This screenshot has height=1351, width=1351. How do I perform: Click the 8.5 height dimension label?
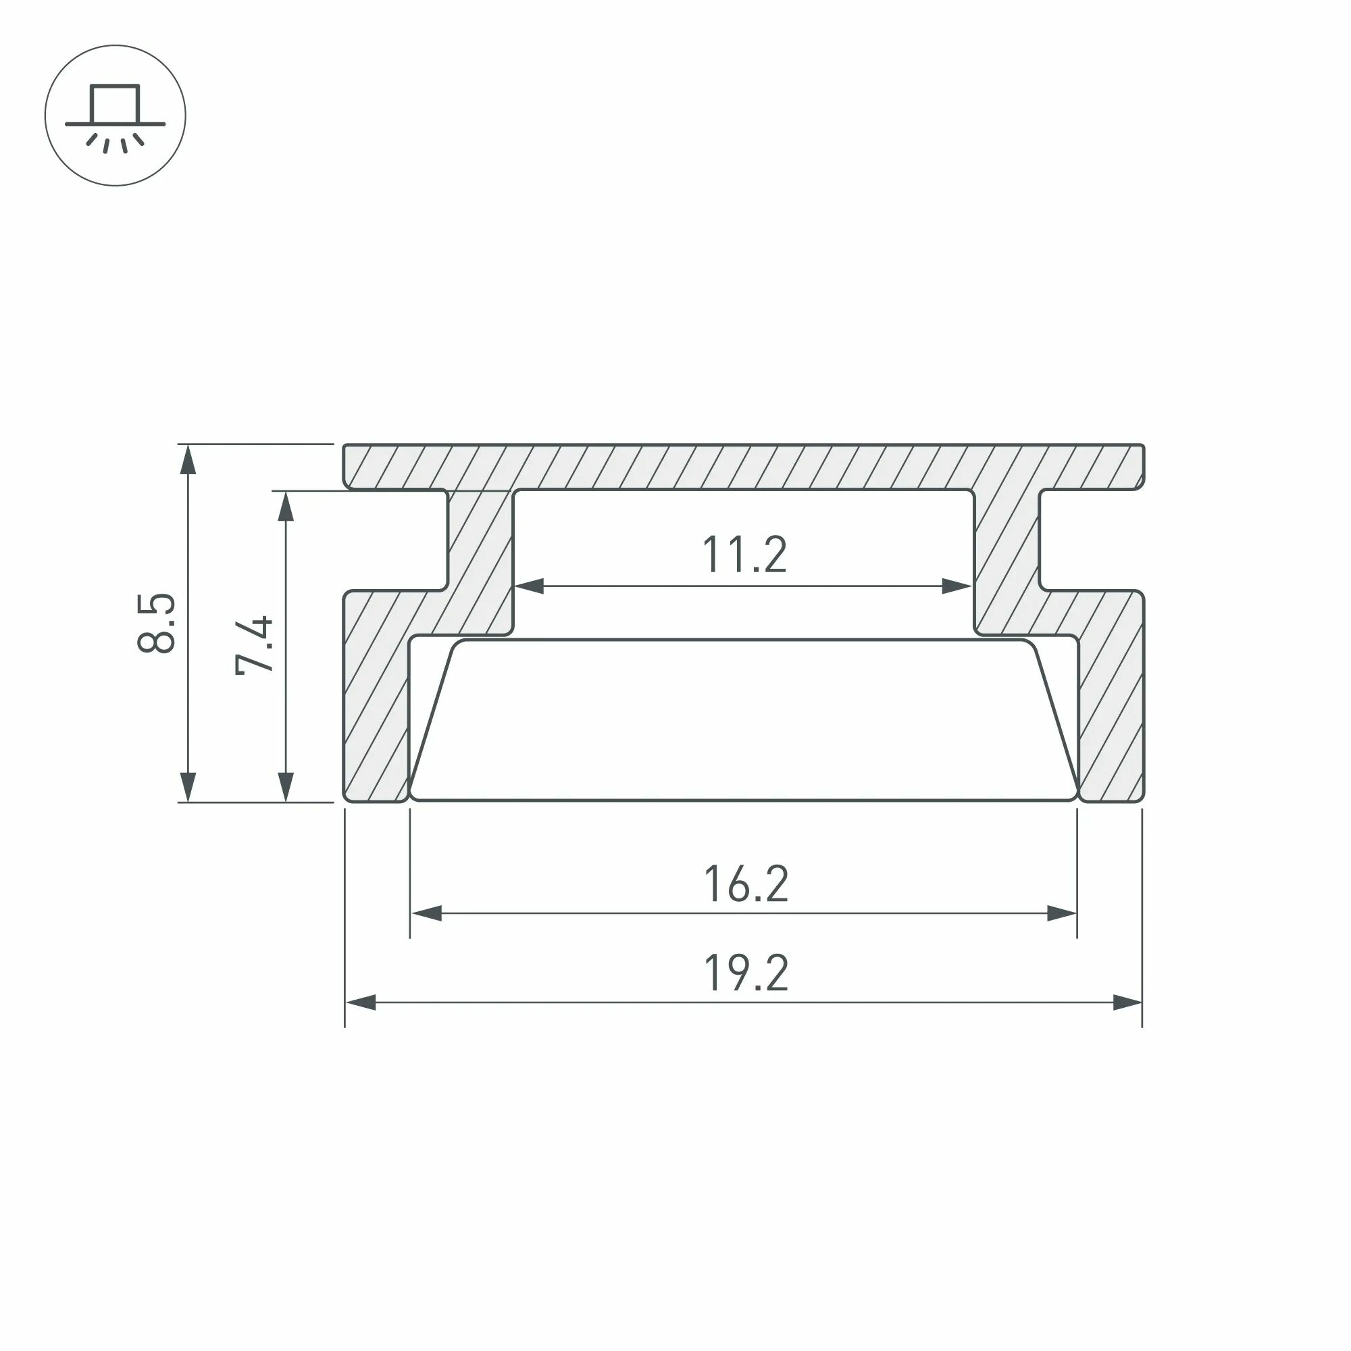click(x=156, y=623)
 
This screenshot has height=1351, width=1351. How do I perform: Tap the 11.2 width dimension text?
click(x=744, y=555)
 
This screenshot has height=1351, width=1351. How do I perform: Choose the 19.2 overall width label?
click(x=746, y=973)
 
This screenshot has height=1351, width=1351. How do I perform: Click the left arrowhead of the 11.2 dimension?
click(x=529, y=586)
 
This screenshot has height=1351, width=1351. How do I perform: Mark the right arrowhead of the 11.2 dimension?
click(x=957, y=586)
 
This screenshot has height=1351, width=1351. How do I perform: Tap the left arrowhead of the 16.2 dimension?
click(x=426, y=913)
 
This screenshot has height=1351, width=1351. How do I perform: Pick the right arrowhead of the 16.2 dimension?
click(x=1061, y=913)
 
